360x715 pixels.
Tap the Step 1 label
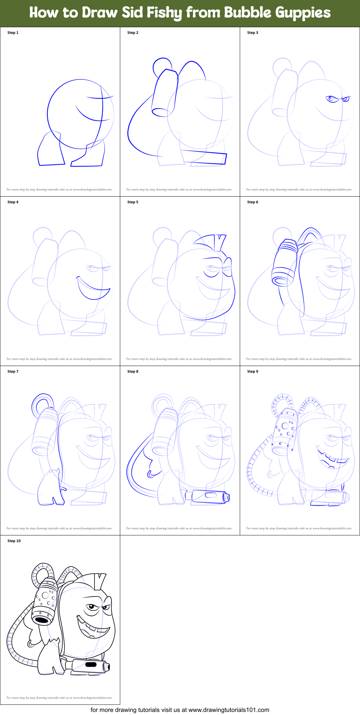13,33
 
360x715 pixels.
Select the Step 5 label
133,202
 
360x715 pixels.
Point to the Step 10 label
14,541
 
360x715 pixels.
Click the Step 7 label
13,371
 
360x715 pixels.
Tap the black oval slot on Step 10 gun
91,664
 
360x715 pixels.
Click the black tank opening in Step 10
42,620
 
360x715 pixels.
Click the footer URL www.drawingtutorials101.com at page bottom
229,710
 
